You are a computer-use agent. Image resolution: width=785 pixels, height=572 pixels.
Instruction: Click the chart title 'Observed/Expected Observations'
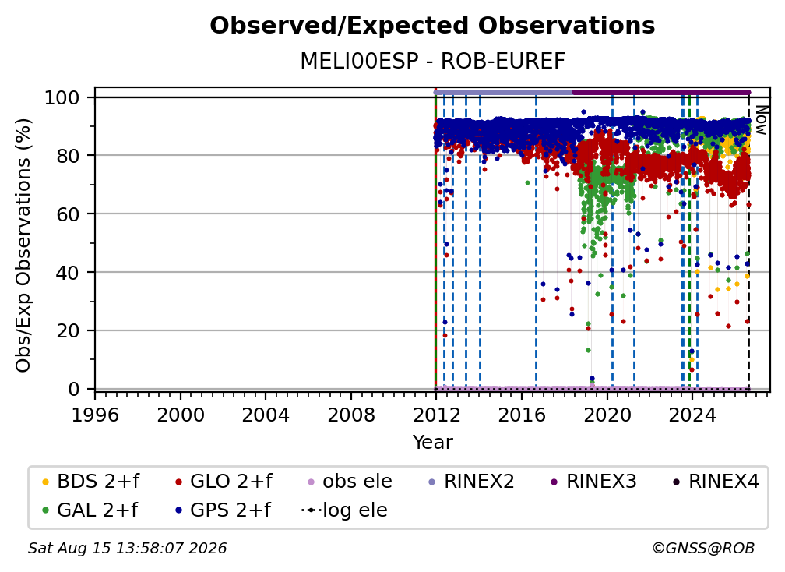pos(432,26)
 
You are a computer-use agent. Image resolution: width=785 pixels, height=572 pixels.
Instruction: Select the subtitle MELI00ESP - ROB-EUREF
pos(432,61)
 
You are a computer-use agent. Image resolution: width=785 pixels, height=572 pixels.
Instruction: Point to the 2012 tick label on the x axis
pos(436,415)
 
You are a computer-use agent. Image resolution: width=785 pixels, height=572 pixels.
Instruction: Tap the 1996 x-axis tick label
pos(95,415)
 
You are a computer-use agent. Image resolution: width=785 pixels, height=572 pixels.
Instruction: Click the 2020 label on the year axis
pos(607,415)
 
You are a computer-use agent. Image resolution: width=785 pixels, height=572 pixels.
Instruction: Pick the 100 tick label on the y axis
pos(62,97)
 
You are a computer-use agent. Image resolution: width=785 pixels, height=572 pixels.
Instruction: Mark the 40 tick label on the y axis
pos(68,272)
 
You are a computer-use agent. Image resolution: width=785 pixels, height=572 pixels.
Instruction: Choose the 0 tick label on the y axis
pos(74,389)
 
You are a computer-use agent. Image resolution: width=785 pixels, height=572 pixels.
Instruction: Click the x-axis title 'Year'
pos(432,443)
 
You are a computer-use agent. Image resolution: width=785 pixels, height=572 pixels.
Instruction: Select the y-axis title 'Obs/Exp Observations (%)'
pos(23,245)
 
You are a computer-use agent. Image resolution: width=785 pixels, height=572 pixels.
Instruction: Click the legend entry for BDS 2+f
pos(91,482)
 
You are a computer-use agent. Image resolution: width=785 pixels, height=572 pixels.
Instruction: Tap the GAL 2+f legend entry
pos(90,510)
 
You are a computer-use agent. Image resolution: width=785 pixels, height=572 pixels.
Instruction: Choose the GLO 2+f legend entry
pos(224,482)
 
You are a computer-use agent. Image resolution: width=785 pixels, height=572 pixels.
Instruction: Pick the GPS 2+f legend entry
pos(223,510)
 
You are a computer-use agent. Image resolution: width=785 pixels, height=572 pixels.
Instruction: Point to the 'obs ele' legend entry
pos(347,482)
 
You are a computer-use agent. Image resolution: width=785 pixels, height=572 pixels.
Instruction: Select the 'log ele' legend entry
pos(344,510)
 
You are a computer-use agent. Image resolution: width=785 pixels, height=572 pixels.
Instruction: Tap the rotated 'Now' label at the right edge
pos(761,120)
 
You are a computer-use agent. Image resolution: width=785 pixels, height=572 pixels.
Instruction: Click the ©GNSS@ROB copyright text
pos(703,548)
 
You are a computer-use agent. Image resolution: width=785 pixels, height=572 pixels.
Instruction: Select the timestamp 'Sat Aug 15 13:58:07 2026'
pos(127,548)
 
